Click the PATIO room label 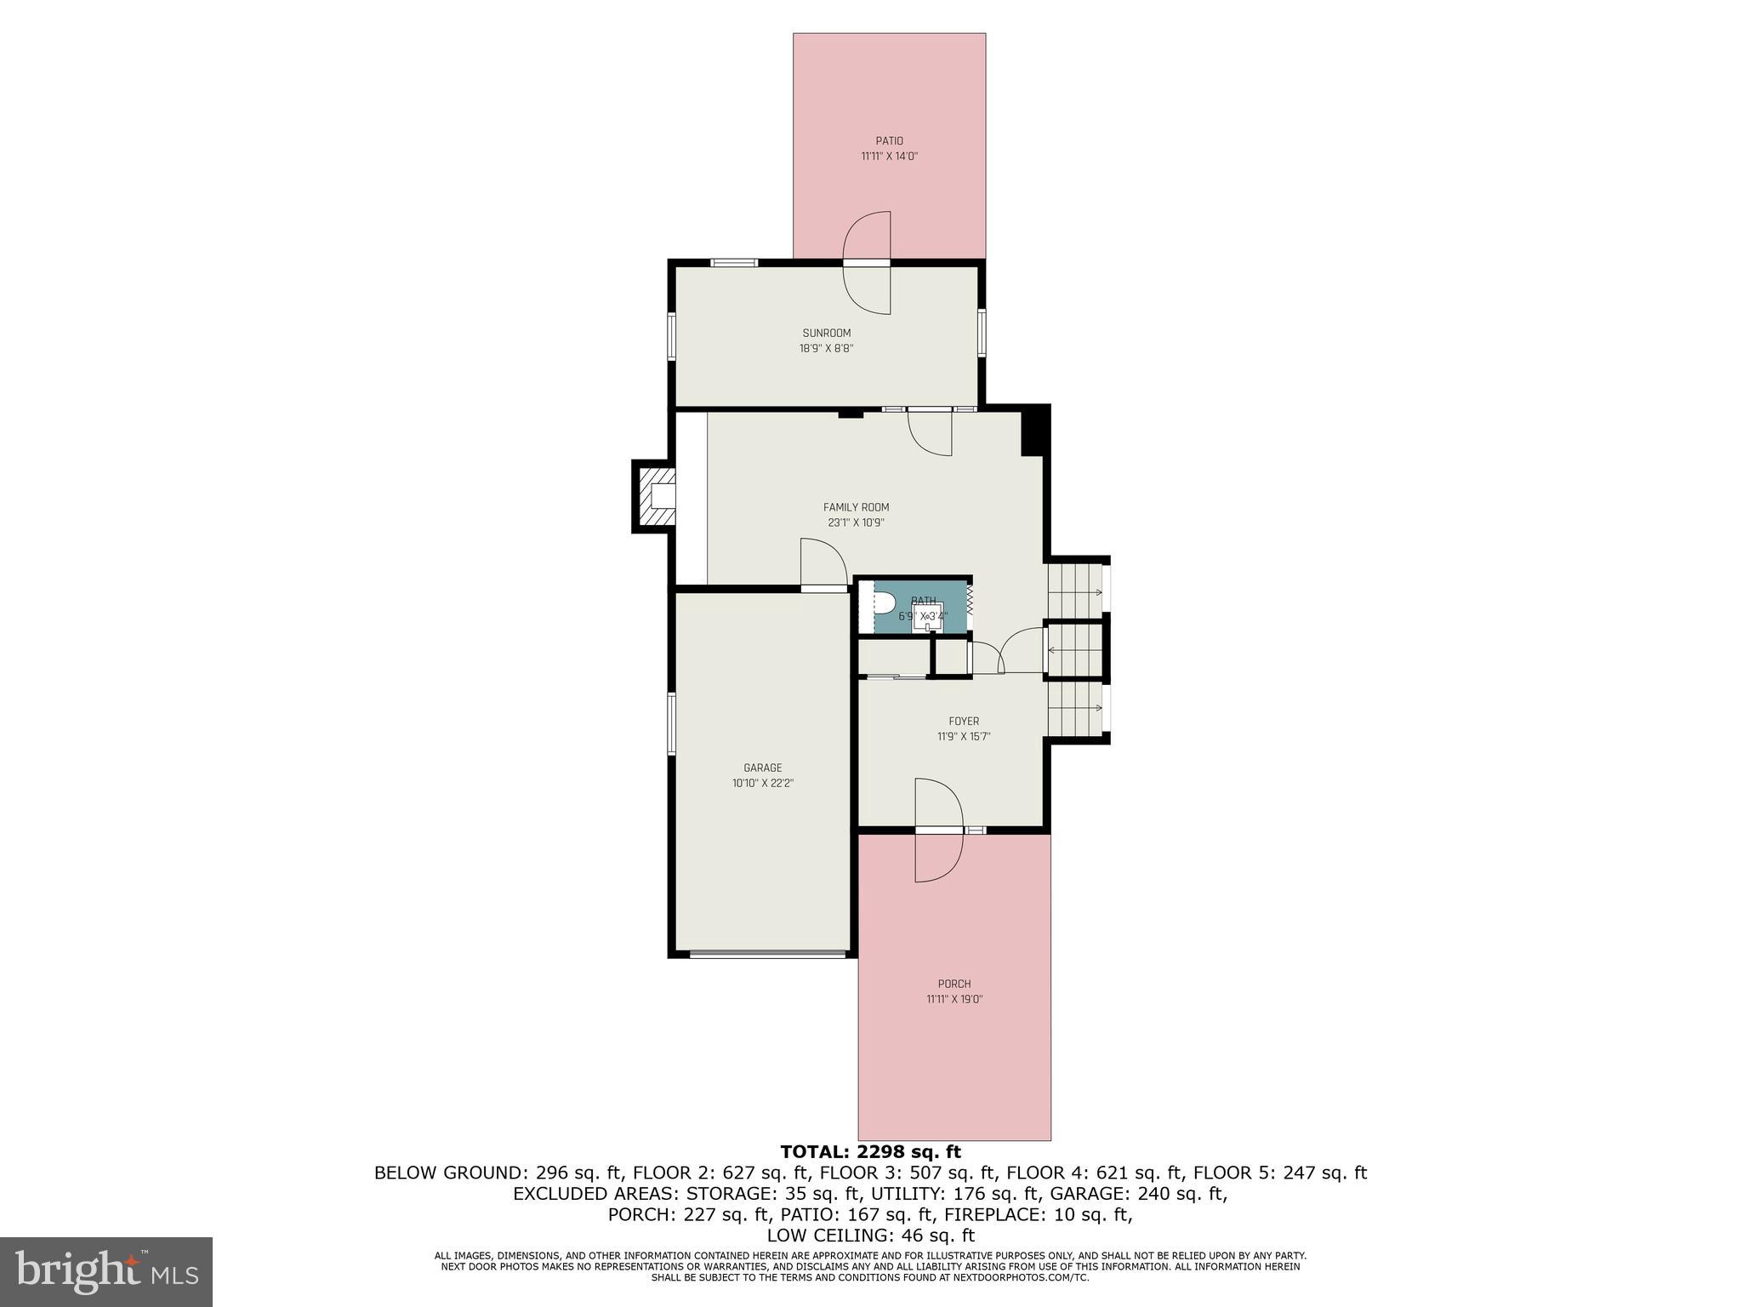click(889, 141)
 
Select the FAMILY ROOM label click(856, 507)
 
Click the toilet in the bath click(885, 604)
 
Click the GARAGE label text click(762, 768)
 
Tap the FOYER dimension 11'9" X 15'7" click(964, 737)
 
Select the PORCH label click(954, 984)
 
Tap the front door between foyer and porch click(939, 830)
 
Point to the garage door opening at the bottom click(767, 954)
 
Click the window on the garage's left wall click(671, 723)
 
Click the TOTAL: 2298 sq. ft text click(870, 1152)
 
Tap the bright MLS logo click(106, 1271)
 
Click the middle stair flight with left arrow click(1076, 651)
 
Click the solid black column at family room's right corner click(1034, 431)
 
